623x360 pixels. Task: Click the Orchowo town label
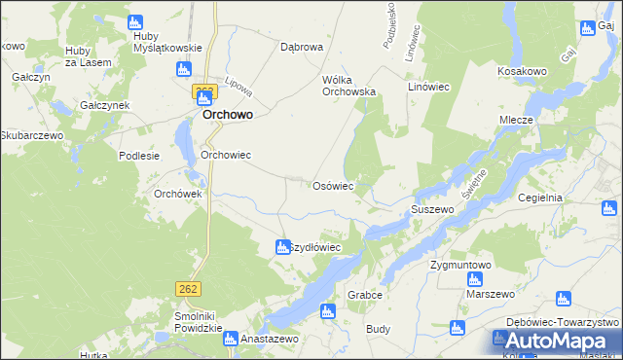click(228, 114)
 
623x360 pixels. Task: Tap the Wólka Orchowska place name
click(348, 85)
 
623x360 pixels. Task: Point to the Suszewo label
click(433, 209)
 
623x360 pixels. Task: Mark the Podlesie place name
click(137, 156)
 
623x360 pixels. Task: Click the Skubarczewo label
click(32, 135)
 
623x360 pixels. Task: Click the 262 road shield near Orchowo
click(202, 90)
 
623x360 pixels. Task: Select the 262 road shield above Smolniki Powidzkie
click(189, 288)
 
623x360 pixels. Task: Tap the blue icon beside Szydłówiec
click(282, 247)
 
